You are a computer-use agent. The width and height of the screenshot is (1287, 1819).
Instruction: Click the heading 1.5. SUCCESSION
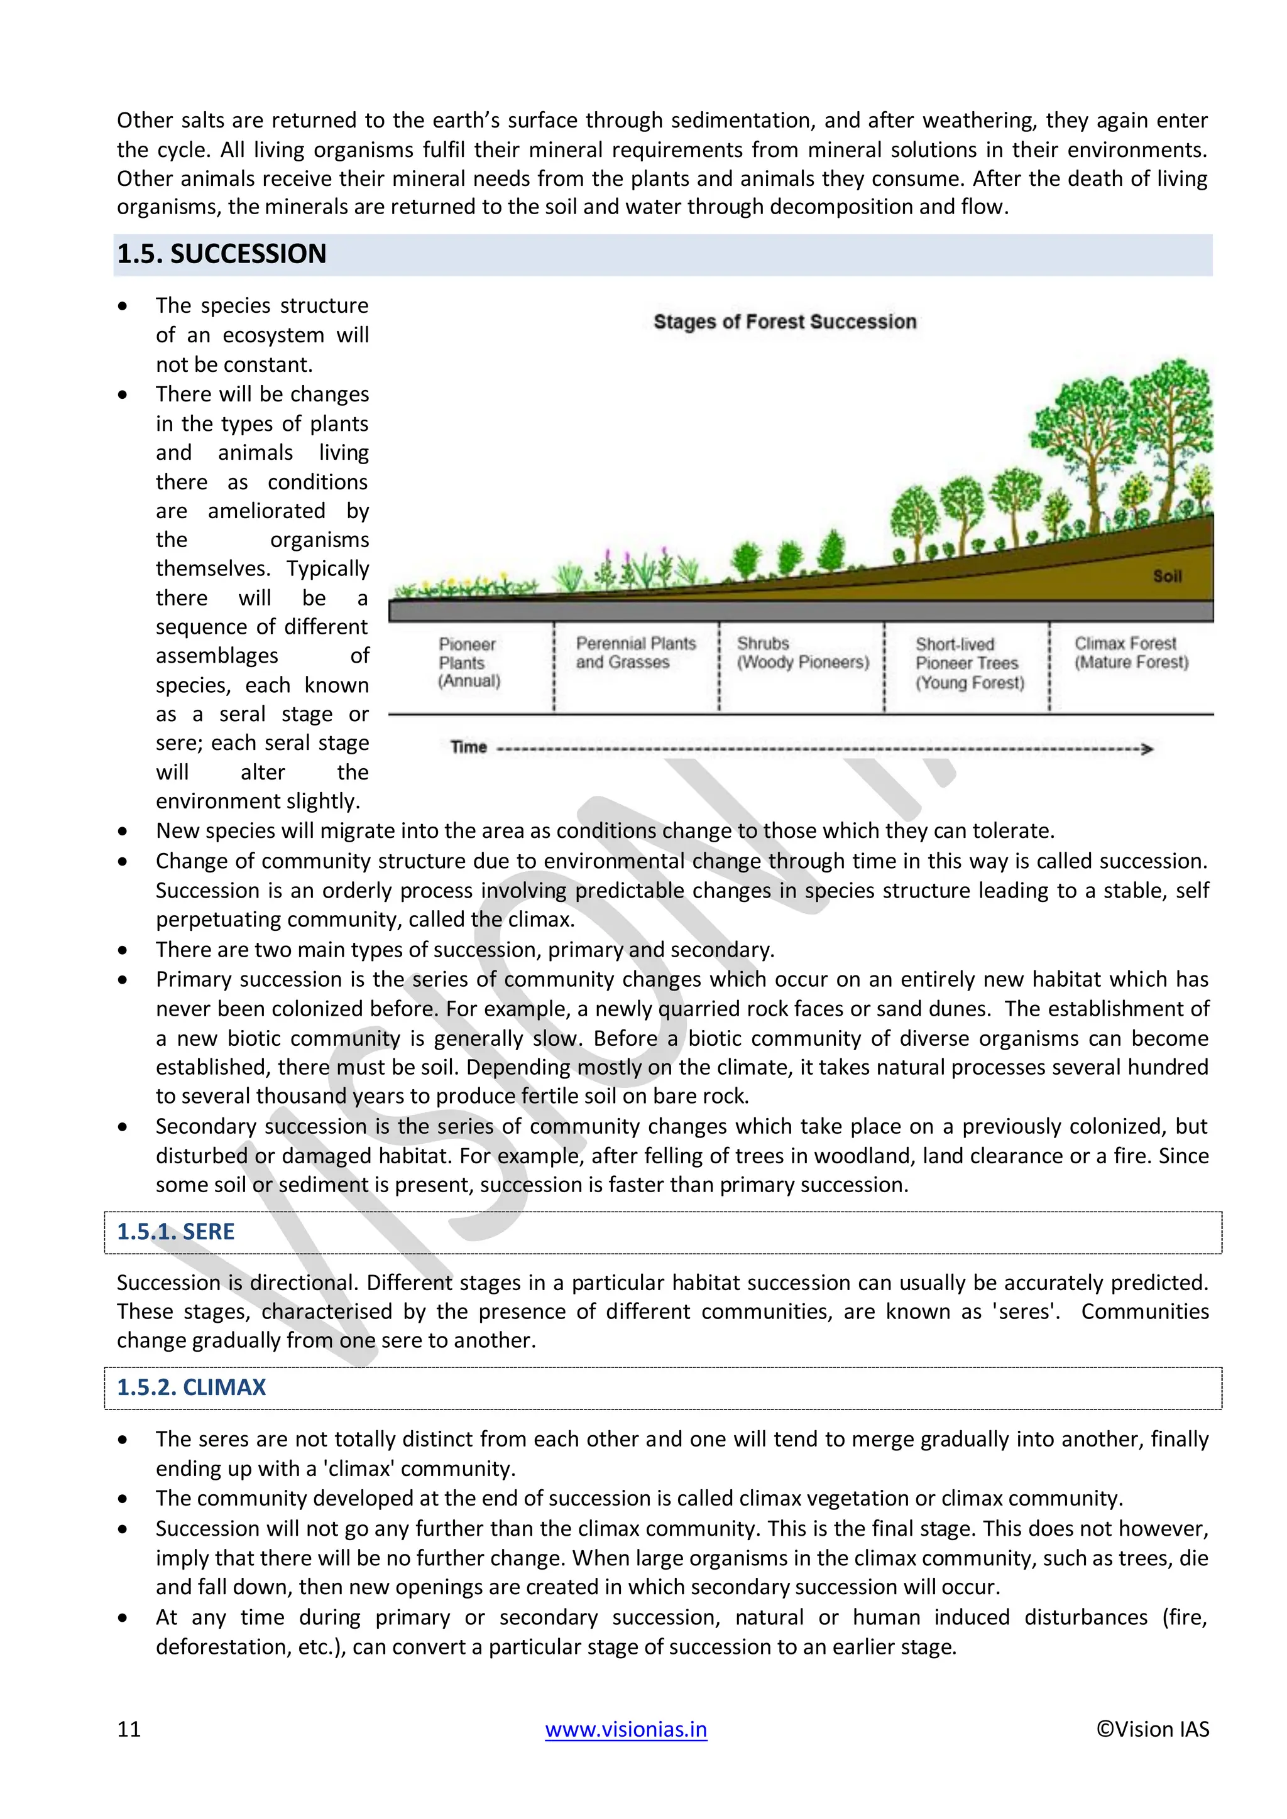click(x=221, y=254)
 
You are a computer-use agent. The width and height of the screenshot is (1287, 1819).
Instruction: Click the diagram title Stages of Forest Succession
click(x=784, y=322)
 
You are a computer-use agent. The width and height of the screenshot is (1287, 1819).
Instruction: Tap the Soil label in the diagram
click(x=1166, y=576)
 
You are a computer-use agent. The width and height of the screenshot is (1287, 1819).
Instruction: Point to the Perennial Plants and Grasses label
click(x=635, y=653)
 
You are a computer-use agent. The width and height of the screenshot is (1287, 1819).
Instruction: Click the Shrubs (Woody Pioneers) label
click(x=802, y=653)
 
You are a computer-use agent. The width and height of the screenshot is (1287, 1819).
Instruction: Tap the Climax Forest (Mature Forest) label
click(x=1131, y=653)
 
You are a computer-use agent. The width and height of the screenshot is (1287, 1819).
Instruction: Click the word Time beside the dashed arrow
click(x=468, y=747)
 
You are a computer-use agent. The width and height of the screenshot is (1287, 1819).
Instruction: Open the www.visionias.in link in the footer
click(x=625, y=1729)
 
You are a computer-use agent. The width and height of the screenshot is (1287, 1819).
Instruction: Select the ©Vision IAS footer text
click(x=1153, y=1729)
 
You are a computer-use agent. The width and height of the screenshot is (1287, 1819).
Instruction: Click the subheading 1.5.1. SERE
click(x=175, y=1231)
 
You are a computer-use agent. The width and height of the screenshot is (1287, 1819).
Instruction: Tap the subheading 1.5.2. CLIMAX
click(x=191, y=1387)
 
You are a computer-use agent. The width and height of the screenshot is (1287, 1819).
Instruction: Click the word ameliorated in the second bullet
click(x=266, y=511)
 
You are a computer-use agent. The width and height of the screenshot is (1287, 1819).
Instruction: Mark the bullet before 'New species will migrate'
click(x=122, y=832)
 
